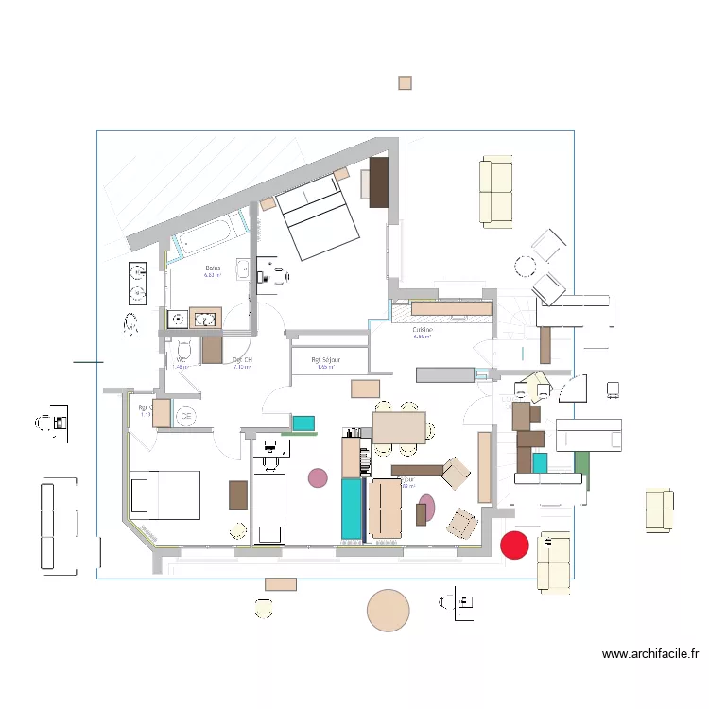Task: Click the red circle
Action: pyautogui.click(x=513, y=545)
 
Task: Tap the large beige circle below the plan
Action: pyautogui.click(x=388, y=610)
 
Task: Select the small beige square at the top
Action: pyautogui.click(x=405, y=83)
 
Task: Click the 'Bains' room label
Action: pyautogui.click(x=213, y=269)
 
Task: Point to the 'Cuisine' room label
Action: pyautogui.click(x=423, y=331)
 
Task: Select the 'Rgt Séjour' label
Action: pyautogui.click(x=326, y=361)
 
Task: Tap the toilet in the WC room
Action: pyautogui.click(x=183, y=352)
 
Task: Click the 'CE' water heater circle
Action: pyautogui.click(x=186, y=414)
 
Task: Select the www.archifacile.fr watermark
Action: pyautogui.click(x=650, y=653)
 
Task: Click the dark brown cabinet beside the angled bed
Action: pyautogui.click(x=379, y=182)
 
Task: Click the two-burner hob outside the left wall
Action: pyautogui.click(x=137, y=283)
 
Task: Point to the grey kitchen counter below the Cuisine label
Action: pyautogui.click(x=444, y=374)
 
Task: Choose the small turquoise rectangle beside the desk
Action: pyautogui.click(x=303, y=423)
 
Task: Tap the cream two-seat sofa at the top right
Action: pyautogui.click(x=496, y=193)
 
